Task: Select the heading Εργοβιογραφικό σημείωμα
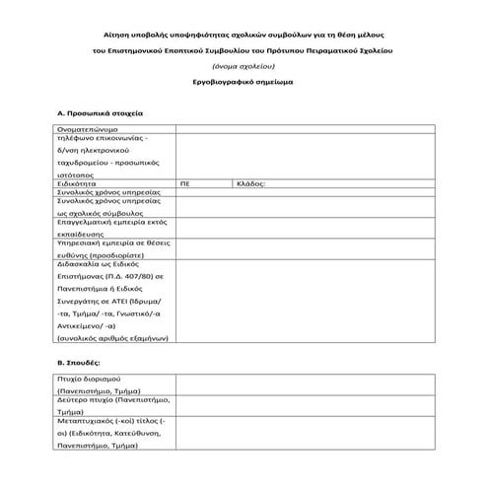pyautogui.click(x=244, y=82)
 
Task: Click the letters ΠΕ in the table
pyautogui.click(x=185, y=183)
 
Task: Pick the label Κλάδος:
pyautogui.click(x=251, y=183)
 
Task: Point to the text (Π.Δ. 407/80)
pyautogui.click(x=128, y=279)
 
